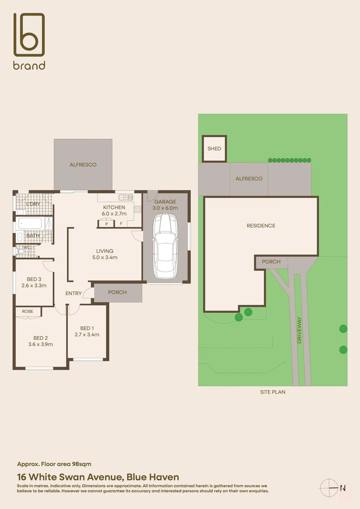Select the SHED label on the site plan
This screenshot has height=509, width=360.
(x=214, y=149)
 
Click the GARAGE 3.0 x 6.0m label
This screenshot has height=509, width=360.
(x=165, y=205)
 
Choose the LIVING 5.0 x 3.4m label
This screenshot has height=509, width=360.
(x=105, y=254)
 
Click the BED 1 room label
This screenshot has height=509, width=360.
(x=87, y=331)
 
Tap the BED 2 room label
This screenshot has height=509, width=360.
(x=41, y=341)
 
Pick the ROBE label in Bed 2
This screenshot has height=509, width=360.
(x=28, y=312)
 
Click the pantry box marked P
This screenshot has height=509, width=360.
(x=106, y=224)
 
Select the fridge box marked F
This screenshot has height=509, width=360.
(x=121, y=224)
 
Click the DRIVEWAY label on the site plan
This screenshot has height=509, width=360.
(x=299, y=330)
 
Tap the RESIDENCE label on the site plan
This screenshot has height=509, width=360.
(x=261, y=226)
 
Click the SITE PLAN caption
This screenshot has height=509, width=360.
(x=273, y=392)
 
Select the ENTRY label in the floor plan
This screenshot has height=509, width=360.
(x=74, y=294)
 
